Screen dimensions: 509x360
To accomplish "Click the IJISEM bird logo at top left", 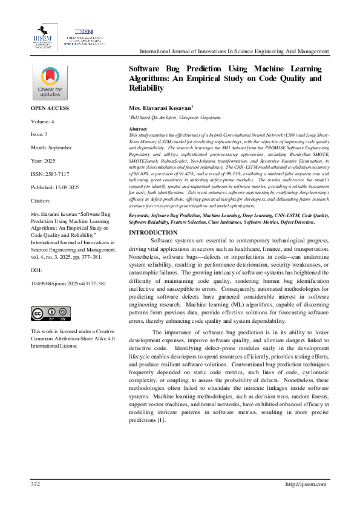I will tap(44, 36).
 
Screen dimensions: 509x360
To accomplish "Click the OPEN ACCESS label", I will tap(50, 108).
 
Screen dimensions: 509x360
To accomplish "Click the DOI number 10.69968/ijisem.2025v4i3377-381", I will tap(68, 283).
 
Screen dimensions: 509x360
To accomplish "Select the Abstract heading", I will tap(139, 129).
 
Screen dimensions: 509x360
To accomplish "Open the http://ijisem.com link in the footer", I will tap(306, 484).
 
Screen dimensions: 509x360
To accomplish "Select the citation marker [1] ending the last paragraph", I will tap(161, 420).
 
